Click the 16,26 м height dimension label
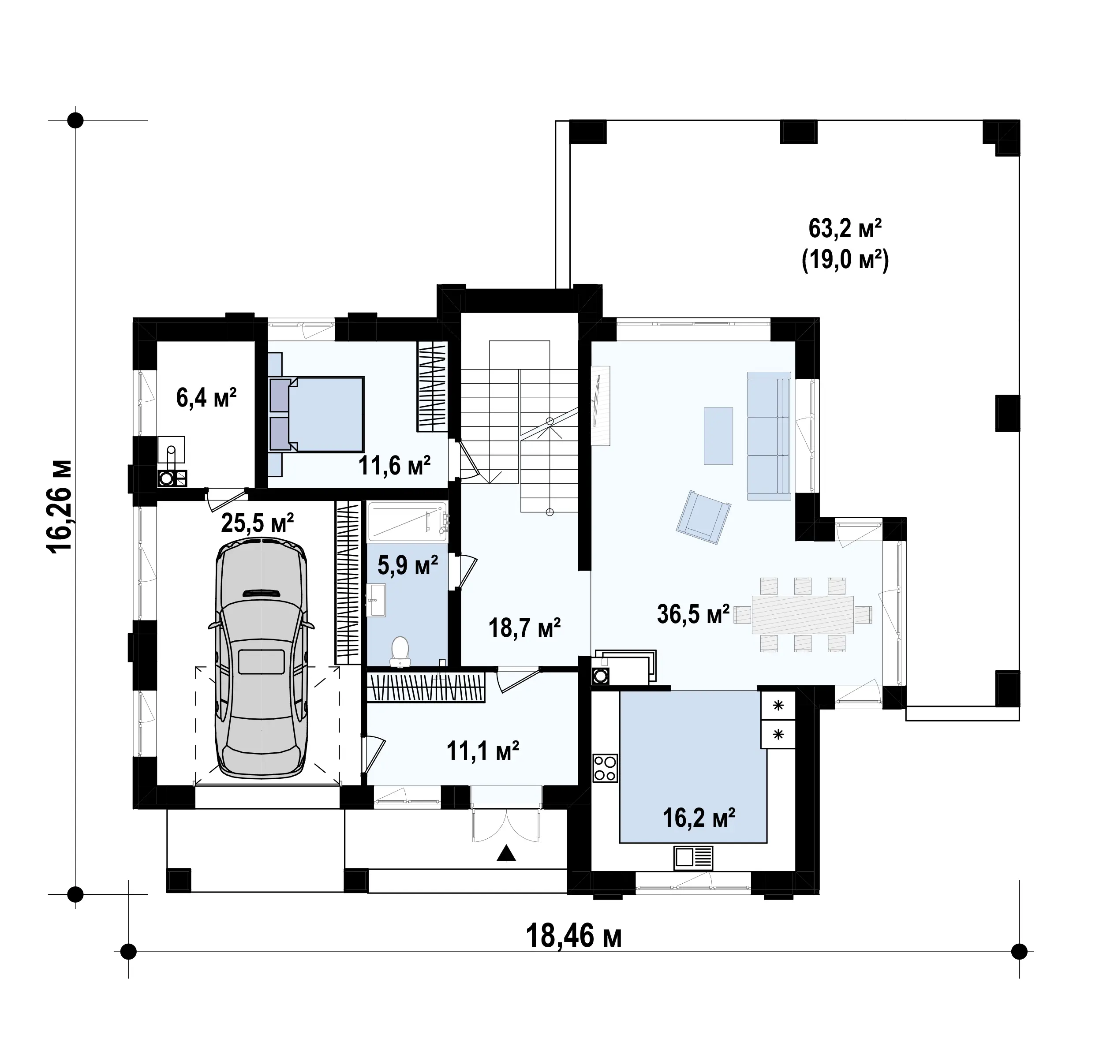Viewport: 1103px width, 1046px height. [60, 506]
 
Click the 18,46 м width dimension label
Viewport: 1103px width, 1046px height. [573, 936]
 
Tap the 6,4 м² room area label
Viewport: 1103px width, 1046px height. [206, 398]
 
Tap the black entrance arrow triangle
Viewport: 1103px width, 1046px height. [506, 853]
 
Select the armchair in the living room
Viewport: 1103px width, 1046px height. [703, 517]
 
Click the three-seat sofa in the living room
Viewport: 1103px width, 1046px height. [769, 436]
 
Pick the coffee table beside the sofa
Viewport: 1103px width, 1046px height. [718, 435]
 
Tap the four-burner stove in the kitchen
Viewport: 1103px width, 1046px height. [605, 768]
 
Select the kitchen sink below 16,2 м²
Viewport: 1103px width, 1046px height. [693, 858]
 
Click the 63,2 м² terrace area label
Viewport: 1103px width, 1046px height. [845, 228]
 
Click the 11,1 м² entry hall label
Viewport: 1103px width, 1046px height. [483, 751]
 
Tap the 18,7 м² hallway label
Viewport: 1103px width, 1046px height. [524, 628]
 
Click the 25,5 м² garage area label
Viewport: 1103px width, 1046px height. [257, 523]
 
